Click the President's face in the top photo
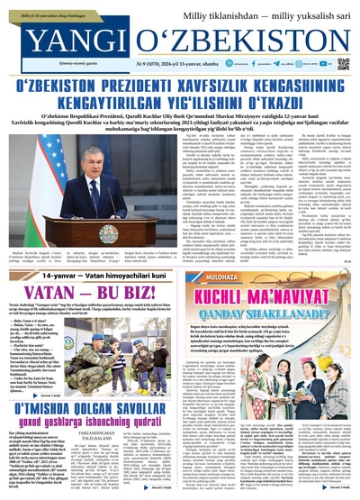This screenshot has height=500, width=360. coord(95,162)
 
